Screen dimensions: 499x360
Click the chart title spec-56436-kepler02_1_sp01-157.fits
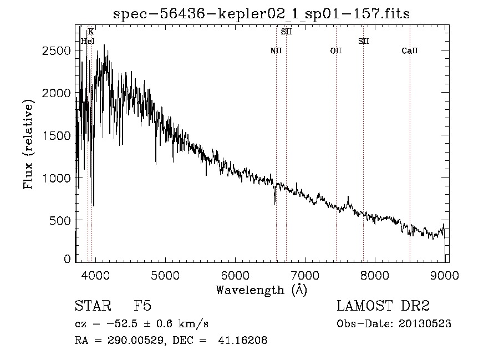[261, 14]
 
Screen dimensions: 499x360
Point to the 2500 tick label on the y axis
[57, 50]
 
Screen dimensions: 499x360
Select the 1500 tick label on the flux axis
[57, 135]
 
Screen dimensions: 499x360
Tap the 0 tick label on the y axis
[67, 259]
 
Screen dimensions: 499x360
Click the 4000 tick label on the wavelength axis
[95, 275]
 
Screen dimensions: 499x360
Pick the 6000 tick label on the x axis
[235, 275]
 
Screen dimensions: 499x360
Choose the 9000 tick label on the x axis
[445, 275]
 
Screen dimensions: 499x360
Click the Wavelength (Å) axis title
[262, 290]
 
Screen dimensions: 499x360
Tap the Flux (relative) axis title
[28, 144]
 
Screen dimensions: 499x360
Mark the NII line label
[276, 50]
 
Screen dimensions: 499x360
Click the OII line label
[336, 50]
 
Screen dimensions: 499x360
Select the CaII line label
[410, 50]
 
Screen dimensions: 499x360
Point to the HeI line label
[88, 41]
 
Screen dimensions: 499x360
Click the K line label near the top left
[91, 32]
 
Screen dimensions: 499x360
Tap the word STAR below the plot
[93, 306]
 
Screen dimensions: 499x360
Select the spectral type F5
[142, 306]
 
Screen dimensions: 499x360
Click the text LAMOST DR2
[383, 306]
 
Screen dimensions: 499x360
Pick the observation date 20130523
[425, 324]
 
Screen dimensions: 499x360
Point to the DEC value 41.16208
[242, 340]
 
